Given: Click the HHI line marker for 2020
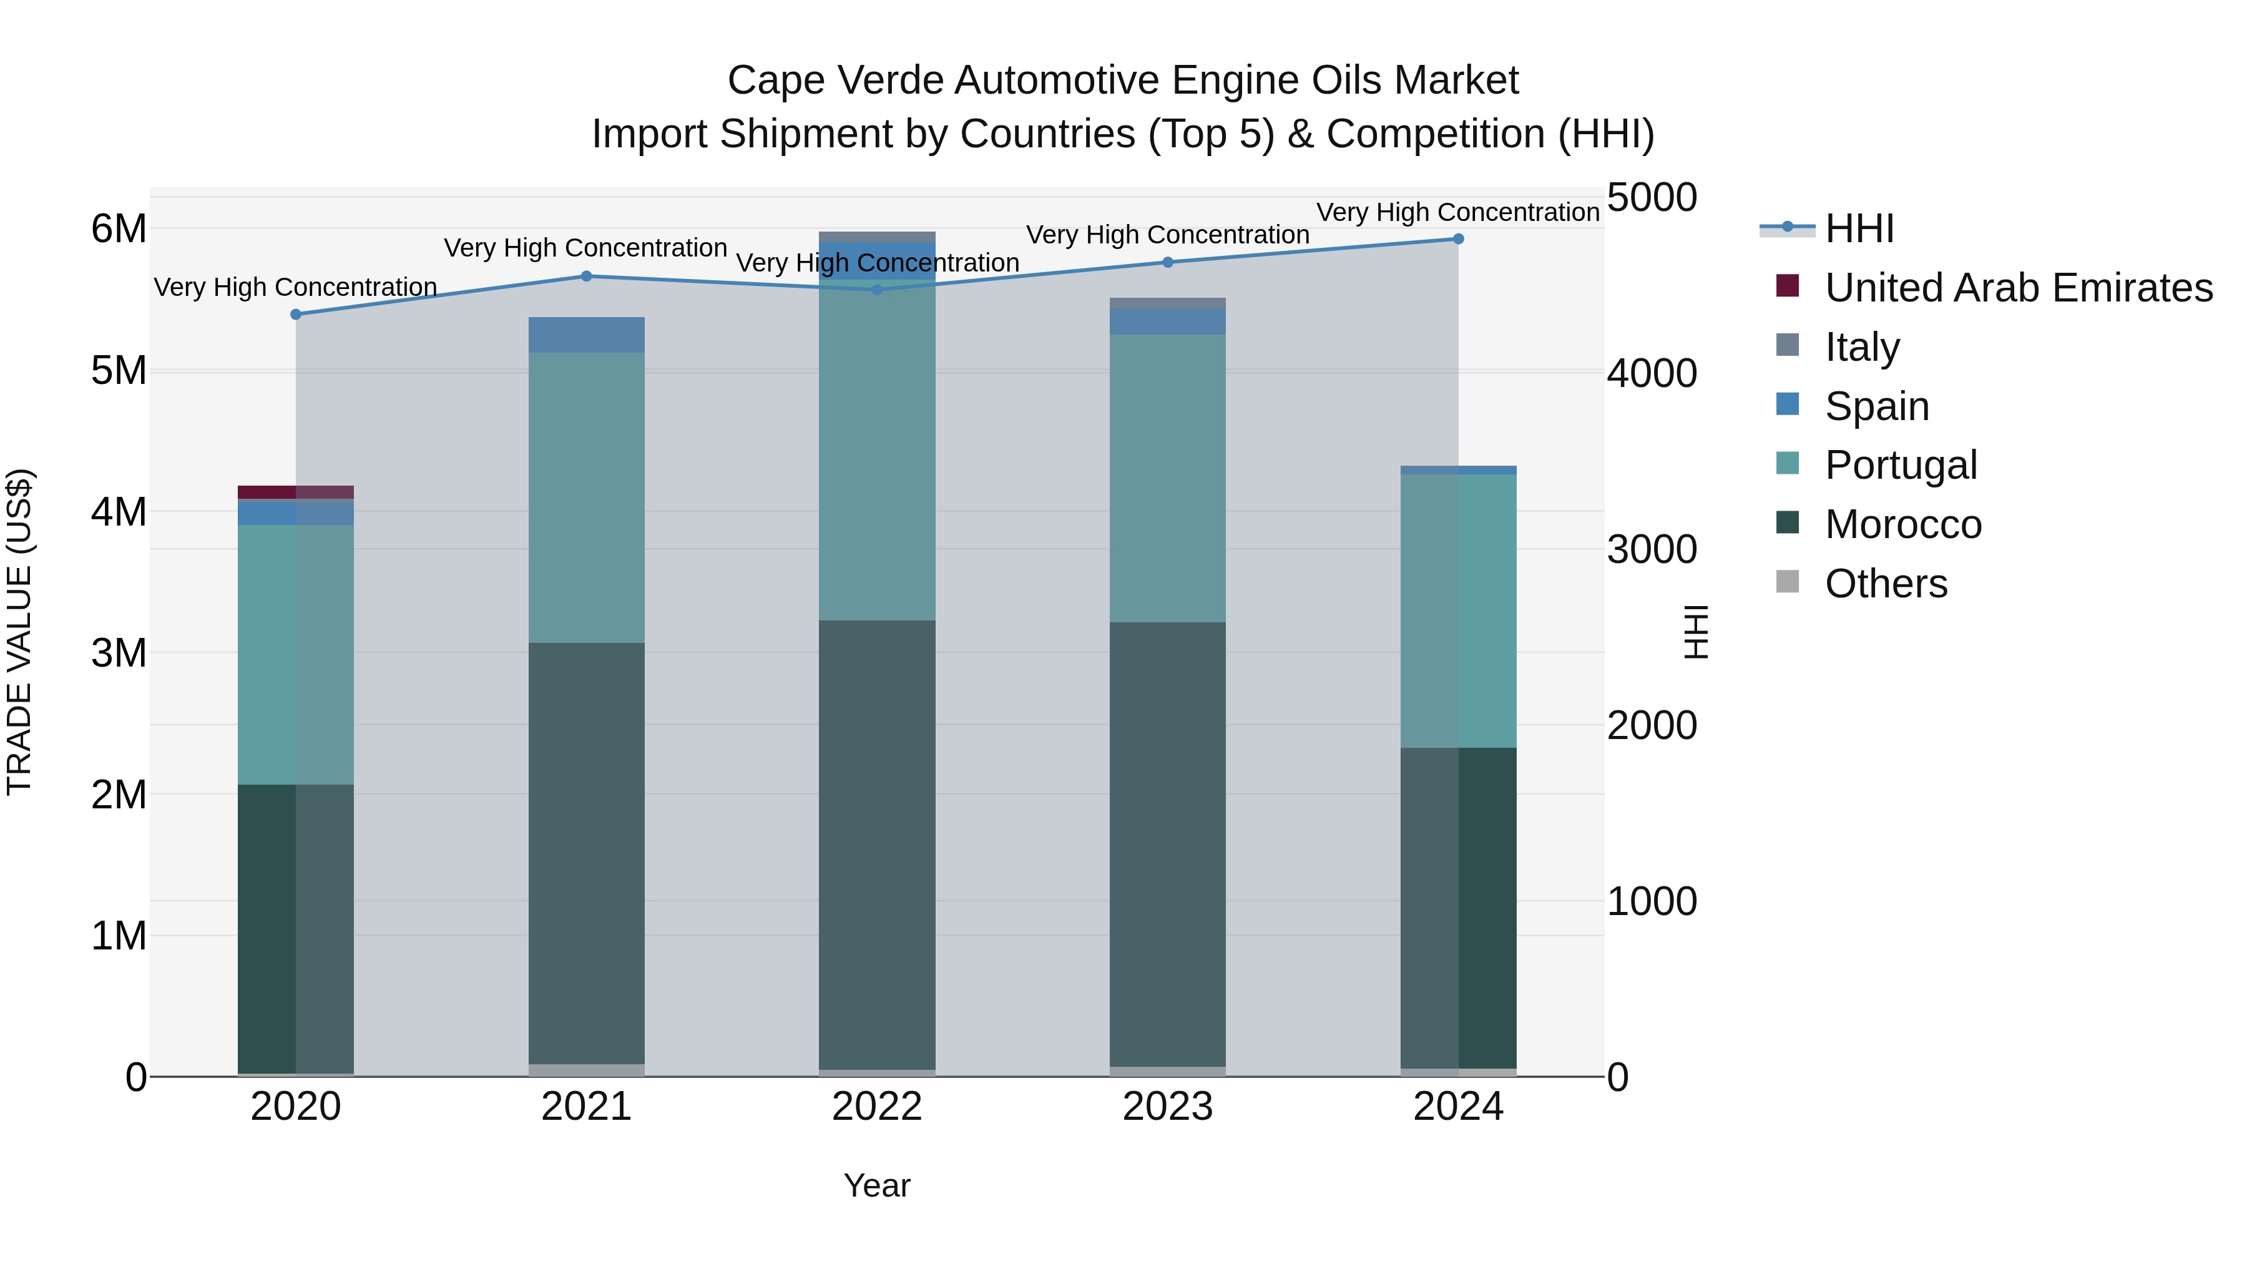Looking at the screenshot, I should [x=296, y=314].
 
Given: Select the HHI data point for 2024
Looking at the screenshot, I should [x=1457, y=239].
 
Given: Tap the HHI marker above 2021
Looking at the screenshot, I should [x=586, y=277].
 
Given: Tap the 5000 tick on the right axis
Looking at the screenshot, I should [x=1651, y=198].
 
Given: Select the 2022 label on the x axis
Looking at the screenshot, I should [x=877, y=1107].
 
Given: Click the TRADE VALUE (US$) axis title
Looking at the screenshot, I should [x=19, y=632].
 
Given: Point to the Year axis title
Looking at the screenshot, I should [x=877, y=1185].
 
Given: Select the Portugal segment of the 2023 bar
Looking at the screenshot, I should [x=1167, y=478].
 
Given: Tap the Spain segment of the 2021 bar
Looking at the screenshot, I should [x=586, y=335].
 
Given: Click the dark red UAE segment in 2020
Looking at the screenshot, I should [x=266, y=492].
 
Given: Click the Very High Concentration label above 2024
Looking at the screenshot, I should [x=1457, y=212].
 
